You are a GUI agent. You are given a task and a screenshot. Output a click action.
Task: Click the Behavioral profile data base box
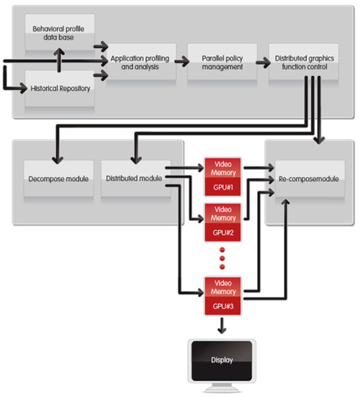(60, 32)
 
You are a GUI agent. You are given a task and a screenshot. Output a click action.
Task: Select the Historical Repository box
(60, 89)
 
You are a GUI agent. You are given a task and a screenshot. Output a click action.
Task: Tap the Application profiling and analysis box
(141, 62)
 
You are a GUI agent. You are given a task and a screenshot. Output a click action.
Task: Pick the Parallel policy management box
(222, 62)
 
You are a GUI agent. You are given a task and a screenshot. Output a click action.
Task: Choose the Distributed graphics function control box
(304, 62)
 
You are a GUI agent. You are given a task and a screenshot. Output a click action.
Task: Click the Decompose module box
(58, 179)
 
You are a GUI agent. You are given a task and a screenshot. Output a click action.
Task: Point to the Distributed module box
(136, 179)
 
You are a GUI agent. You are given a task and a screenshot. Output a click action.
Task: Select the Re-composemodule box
(310, 179)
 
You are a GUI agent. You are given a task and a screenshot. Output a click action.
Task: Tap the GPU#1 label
(223, 187)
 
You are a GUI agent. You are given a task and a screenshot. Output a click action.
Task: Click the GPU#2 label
(223, 233)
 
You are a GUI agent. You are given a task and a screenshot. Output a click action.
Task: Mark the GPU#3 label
(223, 306)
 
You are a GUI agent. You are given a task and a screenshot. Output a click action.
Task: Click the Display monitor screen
(222, 361)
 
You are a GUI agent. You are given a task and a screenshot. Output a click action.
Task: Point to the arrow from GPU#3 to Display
(222, 326)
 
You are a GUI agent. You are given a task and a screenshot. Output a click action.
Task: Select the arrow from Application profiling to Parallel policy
(182, 61)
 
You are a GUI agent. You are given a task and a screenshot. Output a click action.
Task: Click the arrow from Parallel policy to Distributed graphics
(263, 62)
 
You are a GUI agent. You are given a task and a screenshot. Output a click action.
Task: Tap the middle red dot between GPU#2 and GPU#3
(222, 258)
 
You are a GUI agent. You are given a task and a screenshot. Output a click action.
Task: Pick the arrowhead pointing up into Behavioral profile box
(59, 52)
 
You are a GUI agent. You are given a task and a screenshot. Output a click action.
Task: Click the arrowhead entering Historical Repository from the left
(24, 89)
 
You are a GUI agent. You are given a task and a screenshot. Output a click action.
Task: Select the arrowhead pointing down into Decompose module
(58, 161)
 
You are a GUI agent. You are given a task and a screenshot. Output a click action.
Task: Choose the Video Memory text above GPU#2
(223, 214)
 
